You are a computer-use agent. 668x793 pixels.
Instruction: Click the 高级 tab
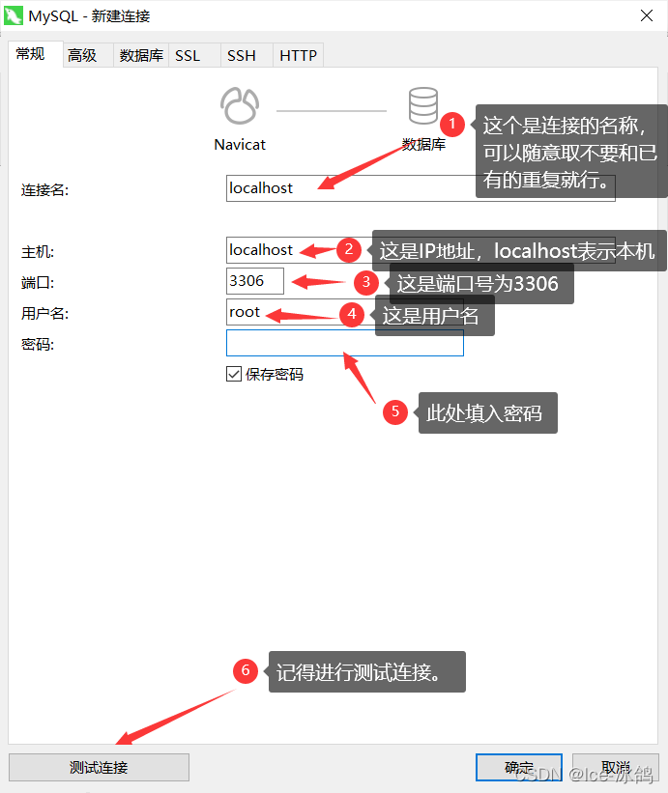(x=82, y=56)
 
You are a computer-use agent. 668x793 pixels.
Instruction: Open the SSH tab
(x=241, y=56)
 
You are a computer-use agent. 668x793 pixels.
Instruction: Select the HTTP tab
(x=298, y=56)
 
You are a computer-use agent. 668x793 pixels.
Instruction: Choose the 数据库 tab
(x=141, y=56)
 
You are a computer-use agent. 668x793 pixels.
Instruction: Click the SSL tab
(x=188, y=56)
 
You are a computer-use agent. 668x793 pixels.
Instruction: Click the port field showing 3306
(x=254, y=281)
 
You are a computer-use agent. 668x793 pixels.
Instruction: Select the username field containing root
(x=280, y=312)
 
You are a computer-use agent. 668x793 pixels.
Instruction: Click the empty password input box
(x=344, y=343)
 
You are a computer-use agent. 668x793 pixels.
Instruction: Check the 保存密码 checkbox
(x=234, y=374)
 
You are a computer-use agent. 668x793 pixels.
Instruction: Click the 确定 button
(x=518, y=768)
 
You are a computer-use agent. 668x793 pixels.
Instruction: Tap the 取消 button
(x=615, y=768)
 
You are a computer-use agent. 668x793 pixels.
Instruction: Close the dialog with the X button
(x=646, y=15)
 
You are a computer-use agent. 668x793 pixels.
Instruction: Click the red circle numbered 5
(x=394, y=412)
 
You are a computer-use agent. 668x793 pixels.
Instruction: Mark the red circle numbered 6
(x=246, y=670)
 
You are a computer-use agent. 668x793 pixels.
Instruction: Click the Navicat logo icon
(x=240, y=105)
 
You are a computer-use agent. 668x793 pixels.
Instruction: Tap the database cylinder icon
(x=422, y=105)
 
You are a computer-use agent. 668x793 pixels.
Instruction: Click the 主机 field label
(x=38, y=251)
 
